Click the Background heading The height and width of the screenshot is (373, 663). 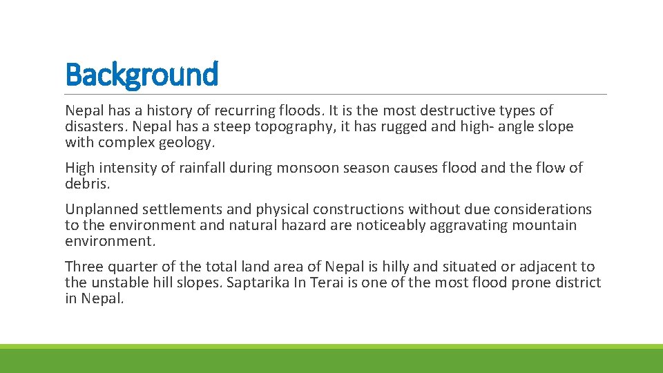(x=142, y=74)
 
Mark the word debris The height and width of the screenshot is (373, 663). (x=84, y=184)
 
